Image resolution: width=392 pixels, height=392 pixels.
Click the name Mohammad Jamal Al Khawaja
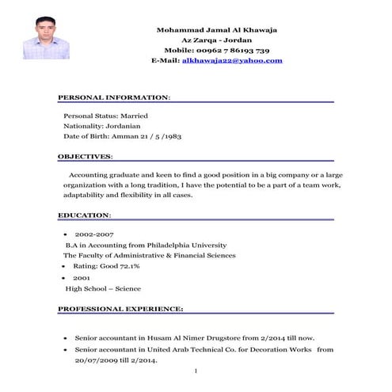point(219,29)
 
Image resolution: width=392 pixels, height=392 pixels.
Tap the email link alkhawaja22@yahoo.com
point(232,60)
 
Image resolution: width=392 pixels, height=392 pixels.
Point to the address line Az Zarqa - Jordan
point(219,40)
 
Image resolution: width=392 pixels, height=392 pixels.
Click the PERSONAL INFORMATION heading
point(113,97)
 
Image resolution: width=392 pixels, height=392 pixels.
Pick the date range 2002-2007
point(94,235)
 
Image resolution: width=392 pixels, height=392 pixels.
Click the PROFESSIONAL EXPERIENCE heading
point(120,307)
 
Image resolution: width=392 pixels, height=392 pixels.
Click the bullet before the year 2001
point(63,279)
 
